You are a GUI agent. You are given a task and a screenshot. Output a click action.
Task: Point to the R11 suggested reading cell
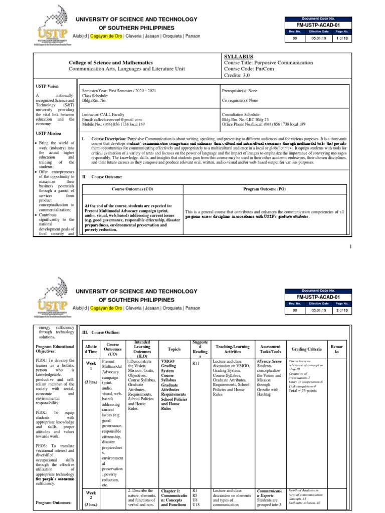coord(196,364)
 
